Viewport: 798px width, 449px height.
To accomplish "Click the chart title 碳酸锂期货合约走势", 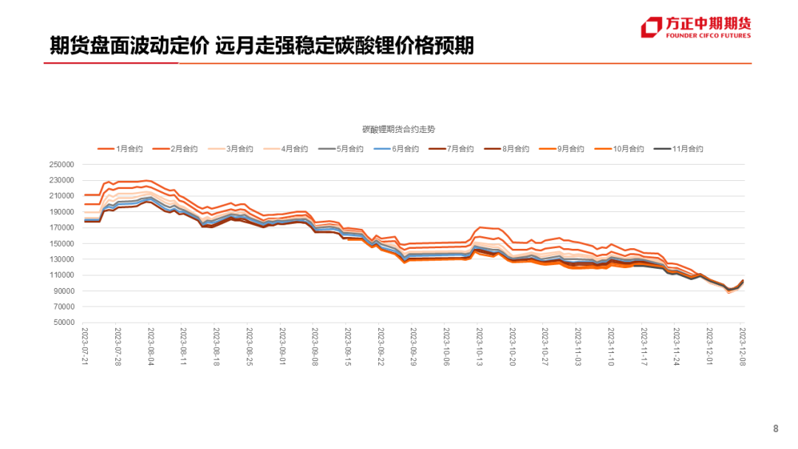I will (398, 129).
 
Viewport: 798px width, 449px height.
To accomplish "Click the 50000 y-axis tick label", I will (64, 323).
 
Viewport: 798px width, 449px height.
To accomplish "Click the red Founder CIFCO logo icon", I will (651, 27).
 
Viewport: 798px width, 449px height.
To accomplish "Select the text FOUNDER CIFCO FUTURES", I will (708, 35).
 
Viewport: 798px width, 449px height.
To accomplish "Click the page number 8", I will (775, 429).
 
